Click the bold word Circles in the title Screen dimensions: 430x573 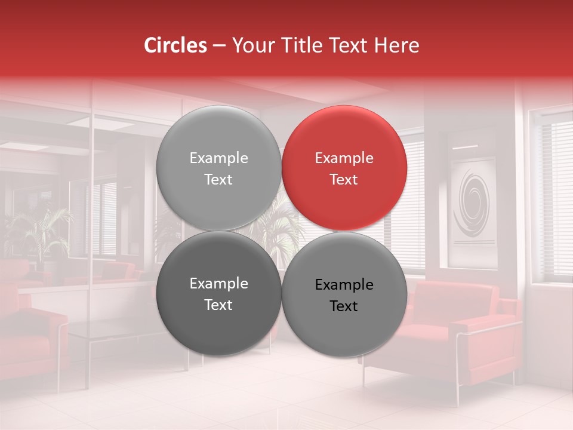pyautogui.click(x=175, y=45)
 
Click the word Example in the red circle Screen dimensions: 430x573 pyautogui.click(x=344, y=158)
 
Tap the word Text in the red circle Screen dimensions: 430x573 pyautogui.click(x=344, y=179)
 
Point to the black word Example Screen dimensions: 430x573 pyautogui.click(x=344, y=285)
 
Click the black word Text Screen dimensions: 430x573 pyautogui.click(x=344, y=306)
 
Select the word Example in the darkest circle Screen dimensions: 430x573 pyautogui.click(x=218, y=284)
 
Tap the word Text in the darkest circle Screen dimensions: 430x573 pyautogui.click(x=218, y=305)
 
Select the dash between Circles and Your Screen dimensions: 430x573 pyautogui.click(x=219, y=45)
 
